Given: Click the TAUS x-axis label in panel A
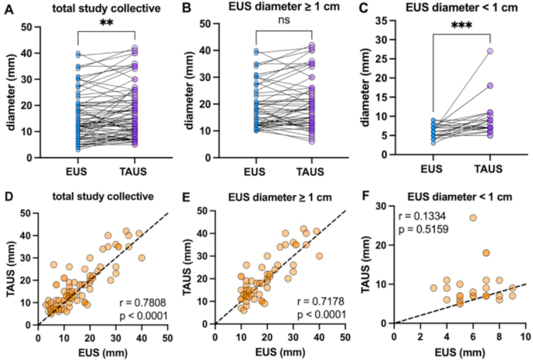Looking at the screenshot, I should click(135, 169).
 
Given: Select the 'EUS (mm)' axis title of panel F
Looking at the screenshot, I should click(459, 351).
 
